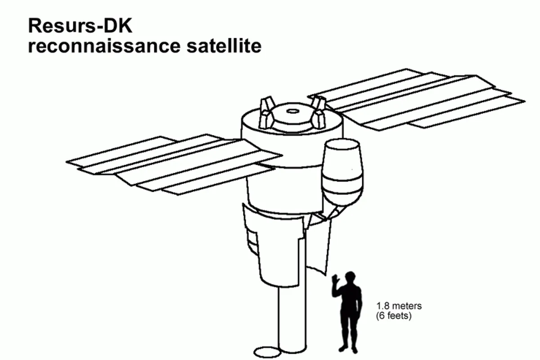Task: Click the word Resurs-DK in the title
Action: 80,26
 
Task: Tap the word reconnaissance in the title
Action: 104,46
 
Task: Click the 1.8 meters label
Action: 399,306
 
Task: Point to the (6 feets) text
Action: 394,315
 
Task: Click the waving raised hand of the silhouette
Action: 335,280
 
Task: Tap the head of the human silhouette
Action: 350,278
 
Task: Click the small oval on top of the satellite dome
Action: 293,111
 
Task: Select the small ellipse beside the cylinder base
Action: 267,352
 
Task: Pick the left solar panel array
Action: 174,164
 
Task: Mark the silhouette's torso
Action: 351,299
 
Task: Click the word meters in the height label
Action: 407,306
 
